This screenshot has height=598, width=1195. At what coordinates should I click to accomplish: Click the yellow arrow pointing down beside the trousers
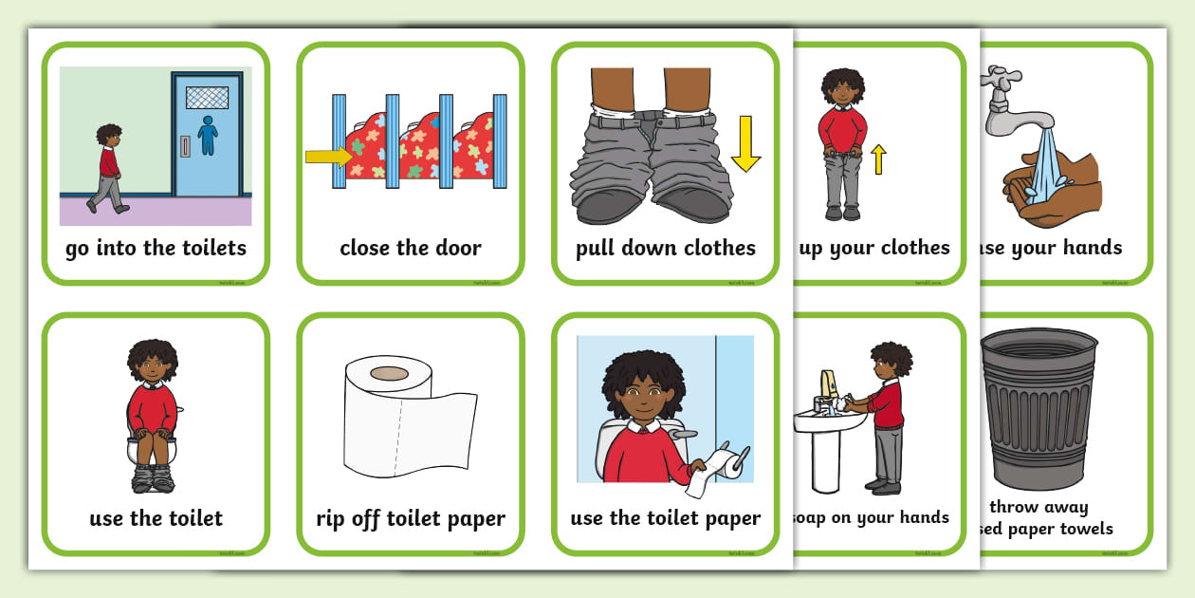[x=745, y=143]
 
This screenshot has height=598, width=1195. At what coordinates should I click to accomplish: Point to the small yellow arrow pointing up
[x=879, y=159]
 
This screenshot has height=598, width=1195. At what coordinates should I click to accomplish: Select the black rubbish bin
[x=1039, y=408]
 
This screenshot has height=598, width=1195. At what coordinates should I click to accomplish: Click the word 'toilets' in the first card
[x=210, y=249]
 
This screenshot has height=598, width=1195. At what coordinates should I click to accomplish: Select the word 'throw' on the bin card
[x=1014, y=507]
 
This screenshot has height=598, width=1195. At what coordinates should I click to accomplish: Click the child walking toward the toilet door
[x=107, y=167]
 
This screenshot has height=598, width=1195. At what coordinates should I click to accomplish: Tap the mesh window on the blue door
[x=207, y=98]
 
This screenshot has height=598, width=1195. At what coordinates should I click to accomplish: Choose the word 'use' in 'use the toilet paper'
[x=588, y=518]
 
